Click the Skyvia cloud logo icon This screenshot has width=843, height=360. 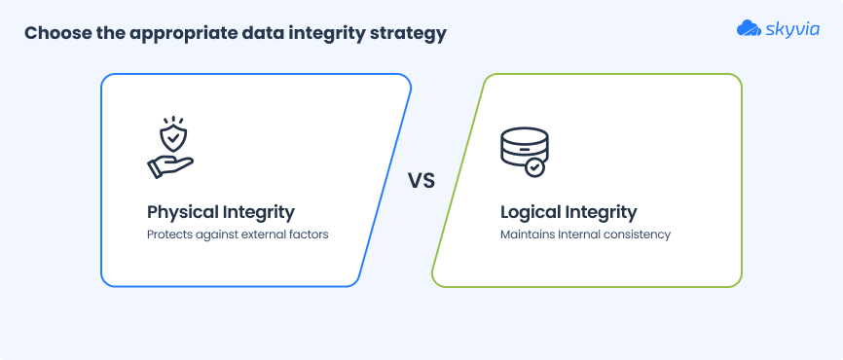click(x=751, y=29)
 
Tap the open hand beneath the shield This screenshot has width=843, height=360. click(x=170, y=165)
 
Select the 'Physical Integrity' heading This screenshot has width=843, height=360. click(x=220, y=211)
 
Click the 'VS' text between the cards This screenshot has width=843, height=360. click(x=421, y=181)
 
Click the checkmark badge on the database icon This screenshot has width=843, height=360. click(x=534, y=167)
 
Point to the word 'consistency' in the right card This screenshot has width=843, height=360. click(x=636, y=234)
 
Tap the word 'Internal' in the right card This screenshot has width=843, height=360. click(x=578, y=234)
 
